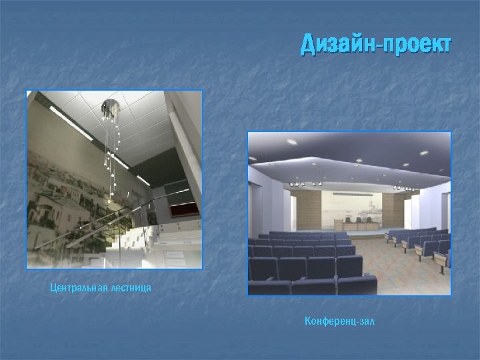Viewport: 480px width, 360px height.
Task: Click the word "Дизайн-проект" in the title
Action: (375, 45)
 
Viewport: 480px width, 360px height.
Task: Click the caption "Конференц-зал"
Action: (340, 321)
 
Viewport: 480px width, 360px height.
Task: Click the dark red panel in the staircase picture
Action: (186, 208)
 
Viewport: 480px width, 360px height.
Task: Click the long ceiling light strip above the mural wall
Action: (70, 123)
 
